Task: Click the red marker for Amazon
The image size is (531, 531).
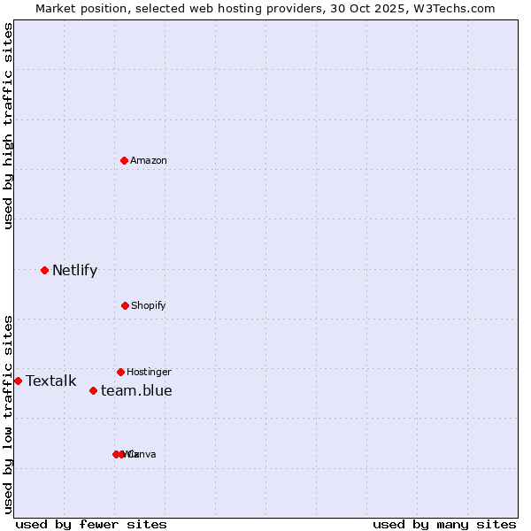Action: [x=125, y=160]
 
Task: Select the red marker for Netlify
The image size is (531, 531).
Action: [x=44, y=270]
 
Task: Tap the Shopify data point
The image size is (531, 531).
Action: [x=125, y=305]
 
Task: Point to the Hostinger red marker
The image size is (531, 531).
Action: [x=120, y=372]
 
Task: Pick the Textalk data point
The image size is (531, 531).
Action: [x=18, y=381]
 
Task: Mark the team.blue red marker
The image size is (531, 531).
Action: [x=93, y=390]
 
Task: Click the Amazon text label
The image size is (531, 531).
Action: [x=149, y=161]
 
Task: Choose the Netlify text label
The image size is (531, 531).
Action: [x=74, y=271]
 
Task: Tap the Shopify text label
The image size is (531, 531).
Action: [x=149, y=306]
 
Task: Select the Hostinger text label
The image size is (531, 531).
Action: [x=149, y=373]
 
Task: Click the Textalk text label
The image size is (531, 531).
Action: [x=51, y=381]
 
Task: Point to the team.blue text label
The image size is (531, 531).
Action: [x=136, y=391]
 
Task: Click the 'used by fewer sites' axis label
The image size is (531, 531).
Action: [x=91, y=524]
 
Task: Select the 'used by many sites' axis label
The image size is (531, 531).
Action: [x=444, y=524]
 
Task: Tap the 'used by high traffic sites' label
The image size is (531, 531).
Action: [x=9, y=126]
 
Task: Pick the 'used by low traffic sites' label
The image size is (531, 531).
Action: [x=9, y=413]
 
